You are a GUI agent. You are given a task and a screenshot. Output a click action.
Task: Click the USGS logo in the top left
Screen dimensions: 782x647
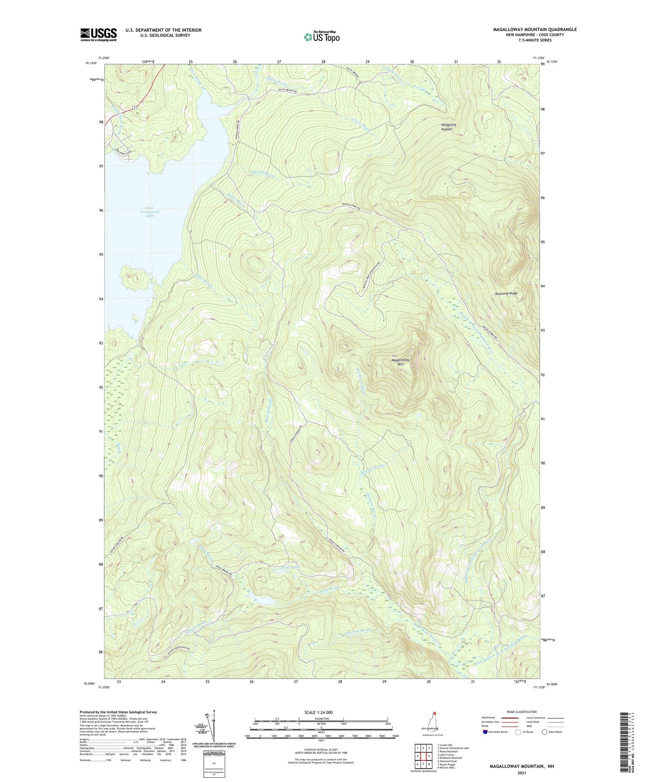pos(98,35)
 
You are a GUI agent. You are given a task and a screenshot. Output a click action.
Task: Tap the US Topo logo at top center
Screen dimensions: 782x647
pos(321,37)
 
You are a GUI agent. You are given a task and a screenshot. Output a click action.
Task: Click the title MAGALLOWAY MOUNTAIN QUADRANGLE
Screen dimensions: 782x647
pos(535,29)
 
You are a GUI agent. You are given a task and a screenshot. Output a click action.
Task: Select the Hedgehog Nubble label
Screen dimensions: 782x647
pos(449,127)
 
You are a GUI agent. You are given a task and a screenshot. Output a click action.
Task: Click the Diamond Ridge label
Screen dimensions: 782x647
pos(506,293)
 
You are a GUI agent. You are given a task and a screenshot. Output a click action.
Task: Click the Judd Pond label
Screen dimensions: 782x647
pos(289,567)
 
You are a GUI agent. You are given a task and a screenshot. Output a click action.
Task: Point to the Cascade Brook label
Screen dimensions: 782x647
pos(358,631)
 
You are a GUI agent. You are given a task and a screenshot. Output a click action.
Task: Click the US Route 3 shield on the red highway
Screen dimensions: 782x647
pos(135,107)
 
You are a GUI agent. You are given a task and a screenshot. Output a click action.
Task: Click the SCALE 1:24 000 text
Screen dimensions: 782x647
pos(318,712)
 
